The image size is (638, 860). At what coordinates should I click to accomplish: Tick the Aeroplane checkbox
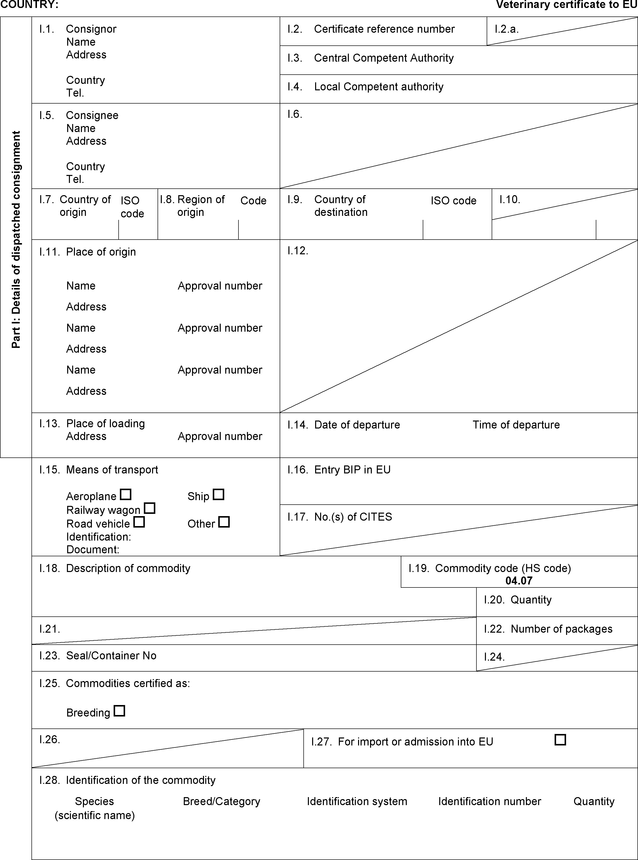[126, 494]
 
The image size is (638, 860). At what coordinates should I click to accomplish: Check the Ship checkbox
[218, 494]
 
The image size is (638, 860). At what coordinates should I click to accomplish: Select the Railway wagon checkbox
[150, 508]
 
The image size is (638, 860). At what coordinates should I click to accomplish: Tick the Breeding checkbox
[119, 711]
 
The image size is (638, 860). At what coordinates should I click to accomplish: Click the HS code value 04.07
[519, 580]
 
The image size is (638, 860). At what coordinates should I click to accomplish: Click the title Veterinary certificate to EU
[567, 5]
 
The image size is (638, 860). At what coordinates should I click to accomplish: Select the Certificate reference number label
[384, 29]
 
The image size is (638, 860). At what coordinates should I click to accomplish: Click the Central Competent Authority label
[384, 58]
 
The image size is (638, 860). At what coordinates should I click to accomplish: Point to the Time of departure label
[516, 425]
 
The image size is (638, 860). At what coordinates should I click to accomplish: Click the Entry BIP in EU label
[352, 470]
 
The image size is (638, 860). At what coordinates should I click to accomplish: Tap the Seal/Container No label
[111, 655]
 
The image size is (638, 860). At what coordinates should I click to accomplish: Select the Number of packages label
[562, 629]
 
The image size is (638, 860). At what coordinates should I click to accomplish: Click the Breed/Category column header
[222, 801]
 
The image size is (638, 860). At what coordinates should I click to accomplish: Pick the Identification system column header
[357, 801]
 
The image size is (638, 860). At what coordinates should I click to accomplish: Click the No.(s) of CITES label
[353, 517]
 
